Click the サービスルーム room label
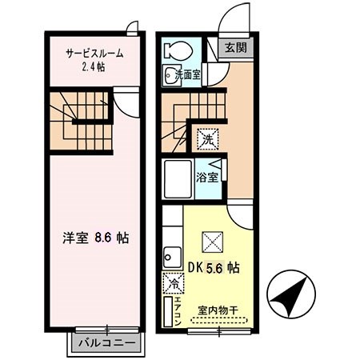pos(94,53)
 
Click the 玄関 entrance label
pos(235,48)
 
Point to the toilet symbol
pos(173,50)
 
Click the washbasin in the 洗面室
pos(171,78)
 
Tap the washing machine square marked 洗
pos(207,138)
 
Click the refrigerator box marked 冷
pos(173,284)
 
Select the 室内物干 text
pos(216,310)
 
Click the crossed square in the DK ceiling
pos(213,240)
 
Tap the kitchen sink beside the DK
pos(170,259)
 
